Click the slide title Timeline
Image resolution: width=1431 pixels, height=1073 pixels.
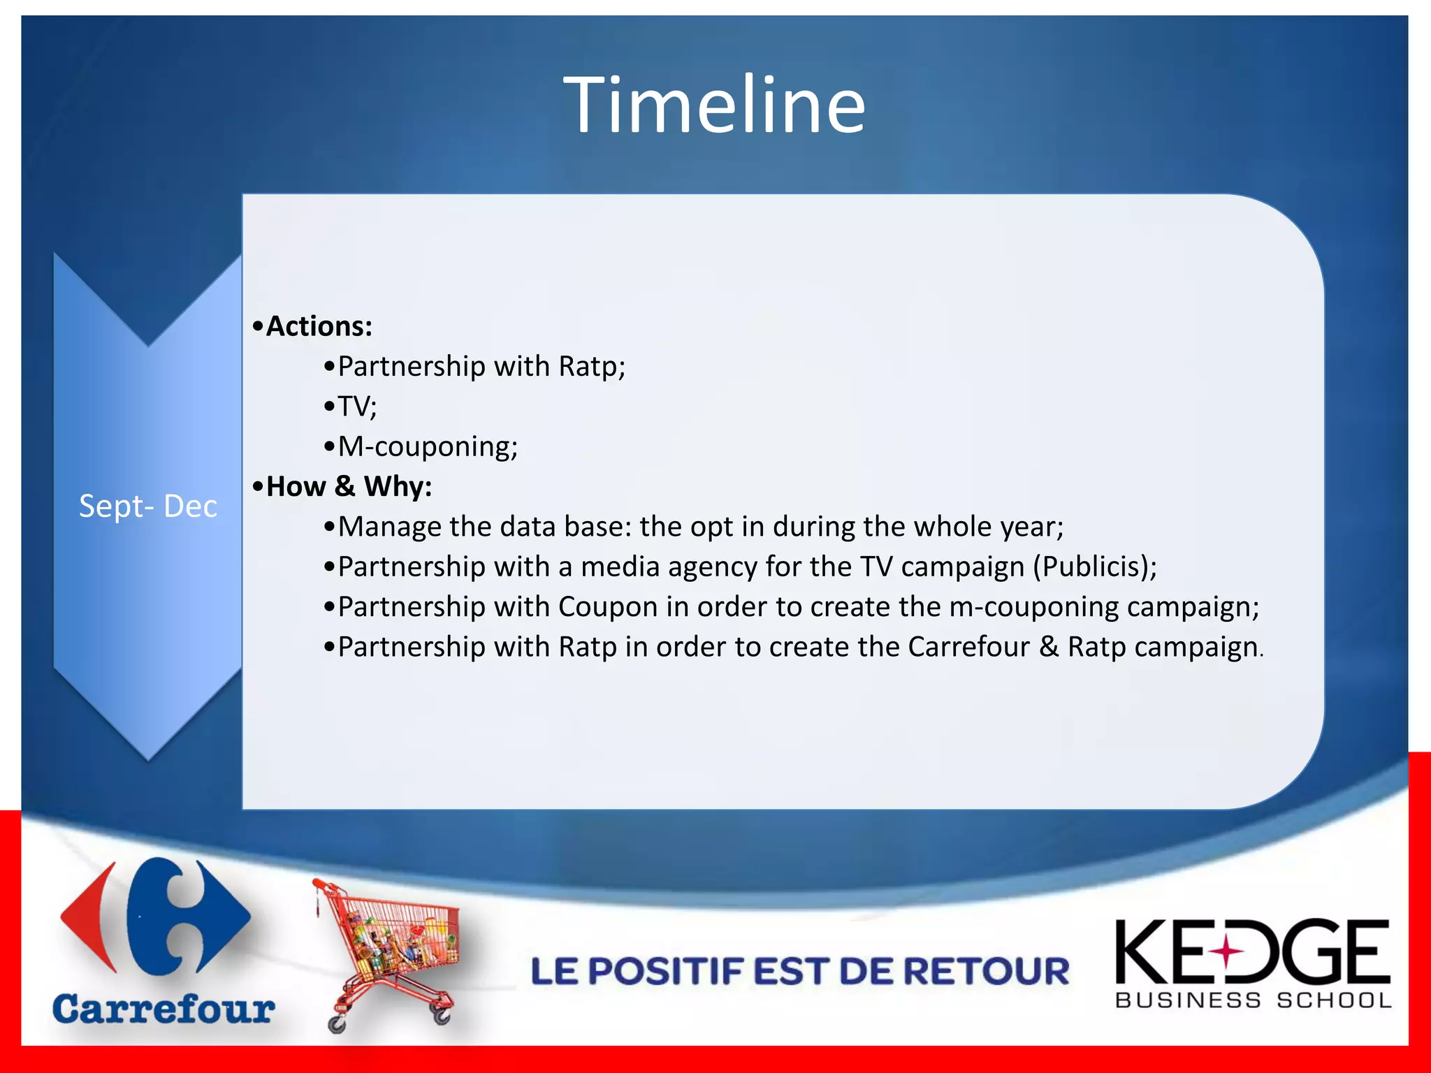[714, 105]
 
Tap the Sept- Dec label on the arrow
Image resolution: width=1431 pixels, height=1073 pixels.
[147, 506]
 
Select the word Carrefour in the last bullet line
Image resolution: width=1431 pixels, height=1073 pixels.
[968, 647]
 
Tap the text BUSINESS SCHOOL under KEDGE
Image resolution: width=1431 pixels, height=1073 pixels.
[1254, 1000]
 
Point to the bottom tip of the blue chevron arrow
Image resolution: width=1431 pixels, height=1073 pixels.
[148, 759]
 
